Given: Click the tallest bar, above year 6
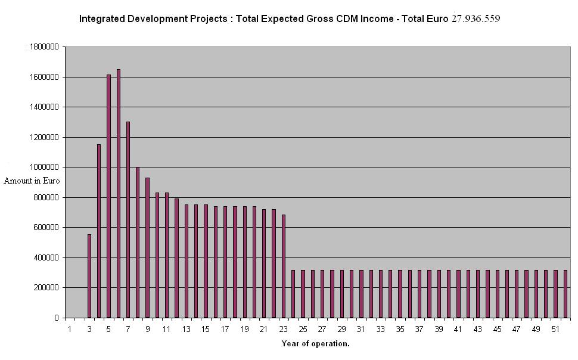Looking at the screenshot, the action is click(119, 193).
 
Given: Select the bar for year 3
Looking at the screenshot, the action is click(89, 276).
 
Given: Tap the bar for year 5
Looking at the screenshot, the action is click(108, 196).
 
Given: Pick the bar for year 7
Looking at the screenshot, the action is click(128, 220).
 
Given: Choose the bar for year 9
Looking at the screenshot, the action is click(147, 247).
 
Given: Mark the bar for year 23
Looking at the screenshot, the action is click(284, 266).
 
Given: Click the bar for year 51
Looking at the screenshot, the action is click(555, 294).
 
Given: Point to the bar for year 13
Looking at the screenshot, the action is click(187, 261).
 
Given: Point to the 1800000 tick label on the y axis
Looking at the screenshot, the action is click(44, 47).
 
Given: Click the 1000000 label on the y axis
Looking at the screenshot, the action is click(44, 167).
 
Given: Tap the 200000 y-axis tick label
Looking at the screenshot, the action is click(46, 287).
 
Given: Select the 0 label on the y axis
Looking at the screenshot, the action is click(57, 318).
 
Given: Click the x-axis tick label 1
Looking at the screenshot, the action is click(70, 329).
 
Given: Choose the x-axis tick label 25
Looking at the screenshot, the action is click(303, 329).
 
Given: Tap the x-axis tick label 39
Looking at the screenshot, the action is click(439, 329).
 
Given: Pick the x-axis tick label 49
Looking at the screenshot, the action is click(536, 329).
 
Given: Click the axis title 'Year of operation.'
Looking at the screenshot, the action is click(316, 344).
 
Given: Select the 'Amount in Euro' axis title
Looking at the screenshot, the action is click(32, 181).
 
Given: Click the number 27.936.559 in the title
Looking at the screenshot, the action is click(476, 18).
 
